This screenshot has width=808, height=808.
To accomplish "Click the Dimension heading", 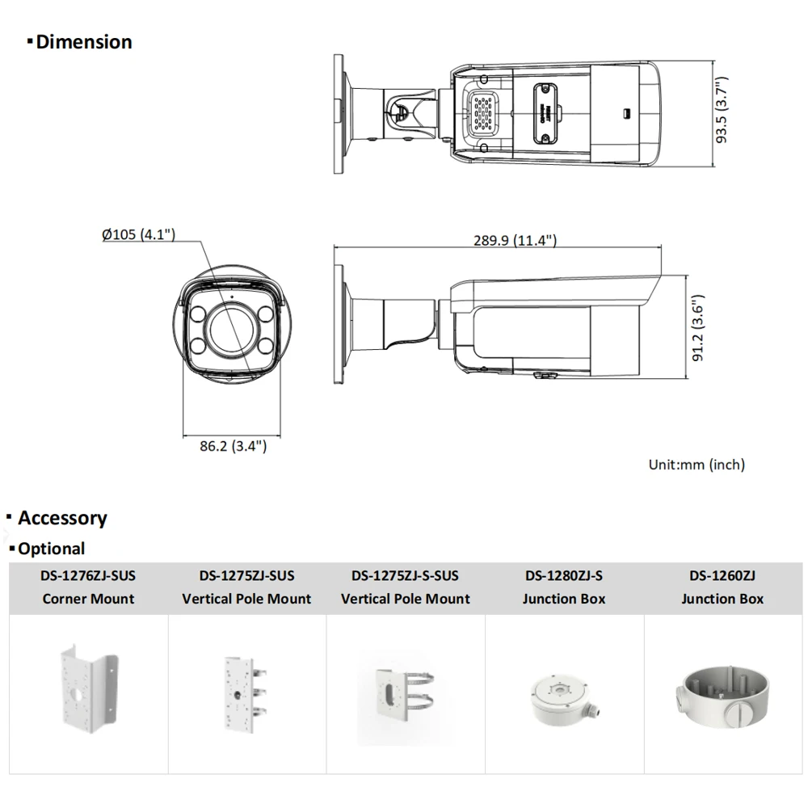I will coord(83,42).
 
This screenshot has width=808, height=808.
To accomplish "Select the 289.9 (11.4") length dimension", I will coord(515,240).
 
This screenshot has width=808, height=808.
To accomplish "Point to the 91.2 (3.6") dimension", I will coord(699,327).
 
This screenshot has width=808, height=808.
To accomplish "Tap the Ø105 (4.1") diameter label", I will coord(139,234).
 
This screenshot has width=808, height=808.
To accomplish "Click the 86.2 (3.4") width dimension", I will coord(233,445).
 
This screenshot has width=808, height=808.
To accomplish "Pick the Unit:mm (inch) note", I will coord(696,465).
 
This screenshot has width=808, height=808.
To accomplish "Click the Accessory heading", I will coord(62,518).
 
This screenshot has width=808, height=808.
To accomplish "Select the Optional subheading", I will coord(51,549).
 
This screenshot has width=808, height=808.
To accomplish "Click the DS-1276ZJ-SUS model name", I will coord(88,576).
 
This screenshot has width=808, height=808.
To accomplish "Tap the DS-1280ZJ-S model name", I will coord(563,576).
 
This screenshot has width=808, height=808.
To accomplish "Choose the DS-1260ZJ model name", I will coord(722,576).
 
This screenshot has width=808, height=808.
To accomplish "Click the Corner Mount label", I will coord(88,599).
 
